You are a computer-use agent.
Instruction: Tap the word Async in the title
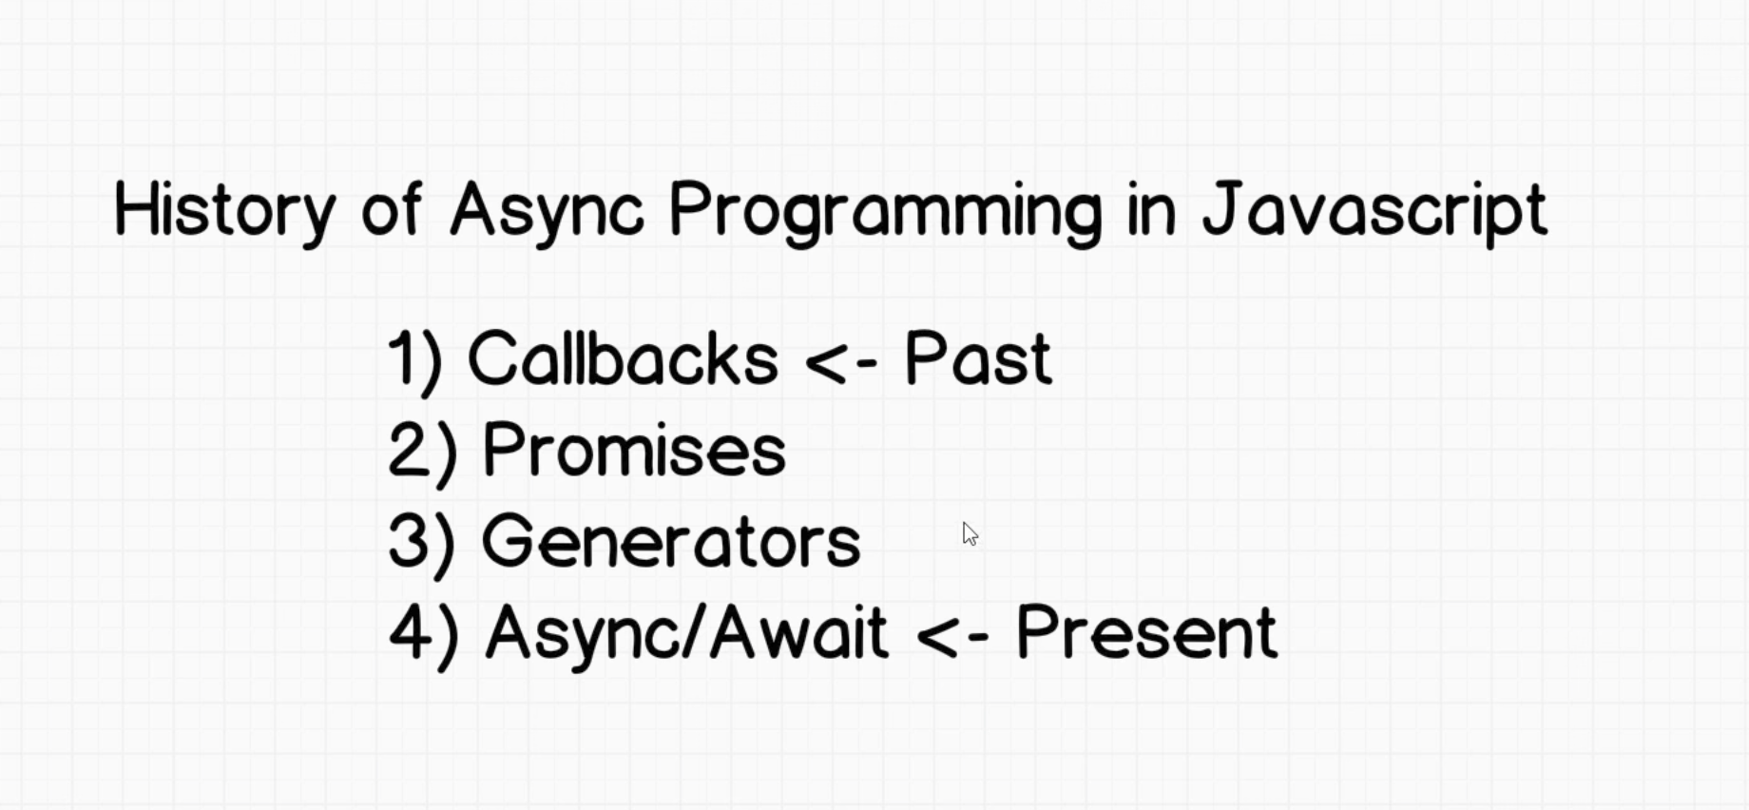548,211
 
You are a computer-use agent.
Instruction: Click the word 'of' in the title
391,209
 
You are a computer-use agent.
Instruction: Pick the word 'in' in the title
1152,209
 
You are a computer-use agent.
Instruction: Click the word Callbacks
623,357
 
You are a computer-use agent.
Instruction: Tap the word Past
978,357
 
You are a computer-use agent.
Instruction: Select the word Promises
634,449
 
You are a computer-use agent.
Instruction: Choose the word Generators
671,541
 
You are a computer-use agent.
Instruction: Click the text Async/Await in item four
687,633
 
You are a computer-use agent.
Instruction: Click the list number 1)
415,361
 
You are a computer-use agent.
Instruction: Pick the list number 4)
424,636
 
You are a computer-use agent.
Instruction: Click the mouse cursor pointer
970,534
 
